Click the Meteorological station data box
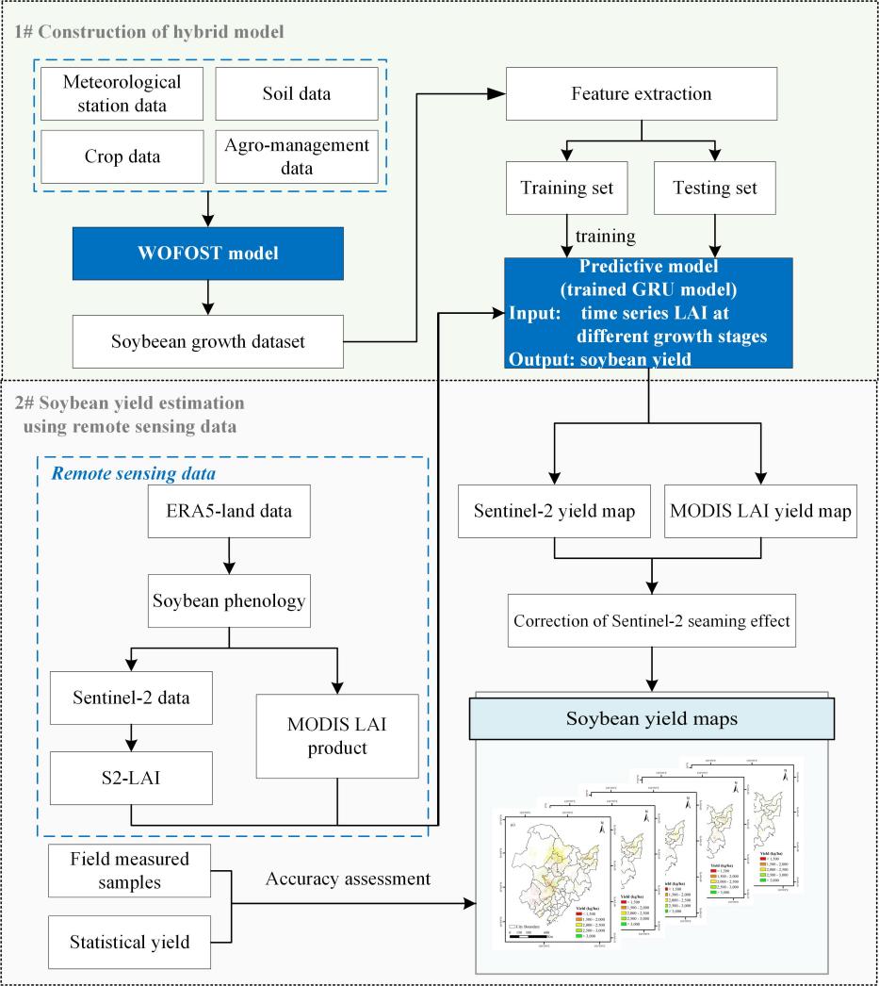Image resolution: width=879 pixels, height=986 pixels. point(122,94)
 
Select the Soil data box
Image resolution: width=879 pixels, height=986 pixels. point(296,94)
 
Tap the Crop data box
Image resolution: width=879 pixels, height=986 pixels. point(122,156)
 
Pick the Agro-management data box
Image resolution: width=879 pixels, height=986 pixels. point(296,156)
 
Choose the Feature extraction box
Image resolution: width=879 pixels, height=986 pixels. point(641,94)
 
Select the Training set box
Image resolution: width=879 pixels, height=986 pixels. point(566,188)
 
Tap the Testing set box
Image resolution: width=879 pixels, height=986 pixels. point(715,188)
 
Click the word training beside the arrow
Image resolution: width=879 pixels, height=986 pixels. point(605,236)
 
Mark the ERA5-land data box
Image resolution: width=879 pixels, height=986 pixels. point(229,512)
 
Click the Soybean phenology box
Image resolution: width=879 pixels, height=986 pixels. point(229,599)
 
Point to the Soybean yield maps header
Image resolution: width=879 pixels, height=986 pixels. point(651,719)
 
